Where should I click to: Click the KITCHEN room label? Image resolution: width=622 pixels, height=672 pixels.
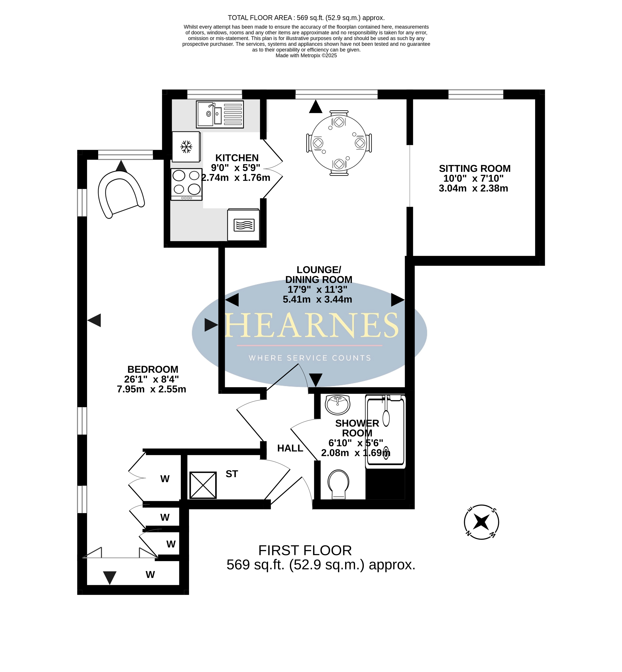click(237, 158)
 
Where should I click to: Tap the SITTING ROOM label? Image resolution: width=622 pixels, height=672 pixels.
click(475, 169)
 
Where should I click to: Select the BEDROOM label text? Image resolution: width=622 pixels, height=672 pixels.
click(153, 369)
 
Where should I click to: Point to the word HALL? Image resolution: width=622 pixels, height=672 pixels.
click(290, 448)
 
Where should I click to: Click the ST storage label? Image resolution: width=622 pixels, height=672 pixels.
click(232, 474)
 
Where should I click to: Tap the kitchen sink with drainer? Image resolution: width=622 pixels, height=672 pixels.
click(220, 114)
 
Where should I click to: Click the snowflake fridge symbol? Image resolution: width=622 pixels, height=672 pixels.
click(186, 147)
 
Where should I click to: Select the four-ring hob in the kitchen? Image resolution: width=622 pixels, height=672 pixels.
click(186, 184)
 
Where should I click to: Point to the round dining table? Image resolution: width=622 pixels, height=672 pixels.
click(339, 143)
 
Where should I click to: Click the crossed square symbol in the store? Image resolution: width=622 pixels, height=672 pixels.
click(203, 485)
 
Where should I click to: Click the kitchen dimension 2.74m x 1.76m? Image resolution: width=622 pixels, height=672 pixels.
click(236, 178)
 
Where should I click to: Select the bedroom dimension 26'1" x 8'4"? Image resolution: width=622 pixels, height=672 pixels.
click(151, 379)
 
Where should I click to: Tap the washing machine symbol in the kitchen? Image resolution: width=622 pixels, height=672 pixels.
click(244, 225)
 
